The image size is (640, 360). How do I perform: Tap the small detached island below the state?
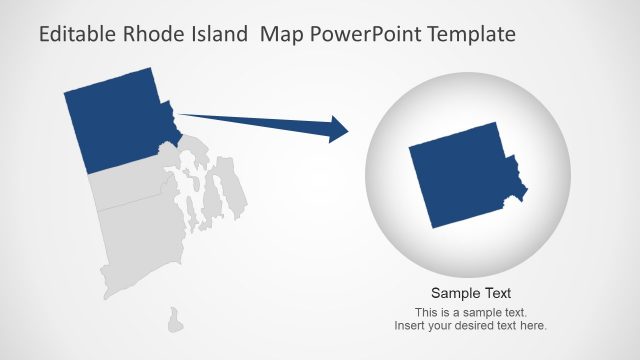(175, 320)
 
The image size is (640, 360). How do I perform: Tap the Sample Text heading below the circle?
(471, 293)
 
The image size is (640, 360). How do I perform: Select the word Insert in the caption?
(411, 326)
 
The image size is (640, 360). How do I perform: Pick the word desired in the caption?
(484, 326)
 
